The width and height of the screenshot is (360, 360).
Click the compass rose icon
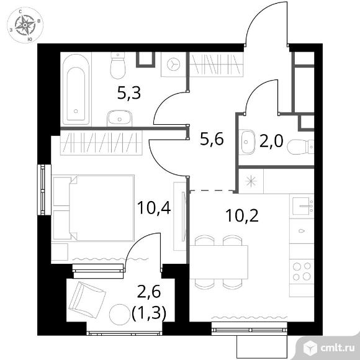point(25,25)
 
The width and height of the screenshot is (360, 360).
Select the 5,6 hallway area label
point(212,139)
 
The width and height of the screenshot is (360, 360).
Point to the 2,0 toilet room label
point(271,141)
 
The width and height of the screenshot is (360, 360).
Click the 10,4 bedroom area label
point(154,208)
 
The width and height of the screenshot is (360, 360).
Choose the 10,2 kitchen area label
point(242,216)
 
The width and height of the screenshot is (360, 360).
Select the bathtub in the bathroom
point(76,89)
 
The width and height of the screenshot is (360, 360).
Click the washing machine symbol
point(174,65)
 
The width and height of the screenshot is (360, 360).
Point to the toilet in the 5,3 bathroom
point(118,65)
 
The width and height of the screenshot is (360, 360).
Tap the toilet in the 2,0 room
point(300,147)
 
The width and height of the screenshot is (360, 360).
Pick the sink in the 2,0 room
point(247,142)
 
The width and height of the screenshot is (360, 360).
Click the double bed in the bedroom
point(93,208)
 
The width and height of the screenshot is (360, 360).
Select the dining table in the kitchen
point(218,262)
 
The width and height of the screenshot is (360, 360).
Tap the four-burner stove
point(302,271)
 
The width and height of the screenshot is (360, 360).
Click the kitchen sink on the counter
point(303,206)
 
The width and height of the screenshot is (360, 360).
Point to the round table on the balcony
point(120,315)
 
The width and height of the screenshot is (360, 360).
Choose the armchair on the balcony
point(88,299)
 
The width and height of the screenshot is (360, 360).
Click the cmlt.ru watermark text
point(338,348)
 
